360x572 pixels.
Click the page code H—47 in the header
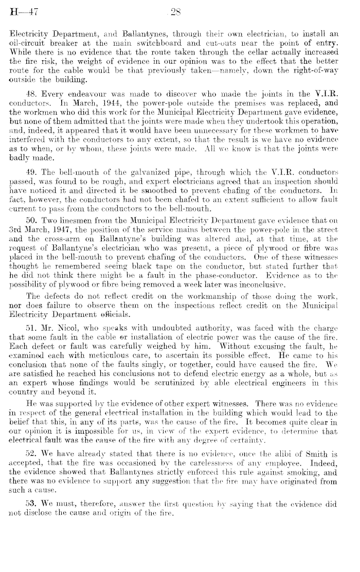pyautogui.click(x=21, y=9)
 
